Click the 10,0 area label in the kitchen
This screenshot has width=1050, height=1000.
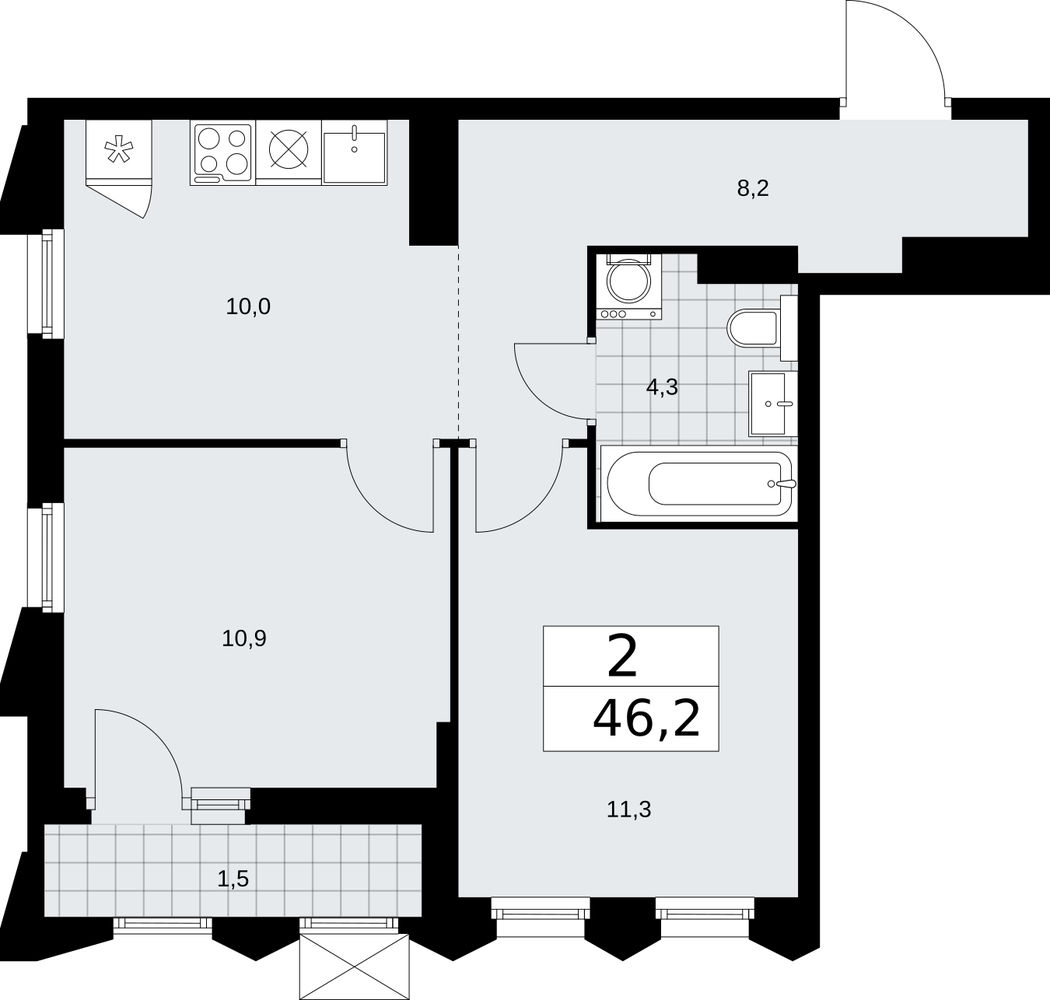248,307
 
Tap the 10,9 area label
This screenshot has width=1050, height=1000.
244,638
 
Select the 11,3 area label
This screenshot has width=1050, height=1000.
629,810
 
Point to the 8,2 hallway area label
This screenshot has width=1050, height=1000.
753,189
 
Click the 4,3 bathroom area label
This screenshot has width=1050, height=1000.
662,387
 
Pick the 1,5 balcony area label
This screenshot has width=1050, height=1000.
233,877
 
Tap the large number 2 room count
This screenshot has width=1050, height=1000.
622,658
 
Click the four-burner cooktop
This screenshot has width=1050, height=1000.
222,153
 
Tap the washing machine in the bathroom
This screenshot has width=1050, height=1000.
629,286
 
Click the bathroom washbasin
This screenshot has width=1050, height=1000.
773,404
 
